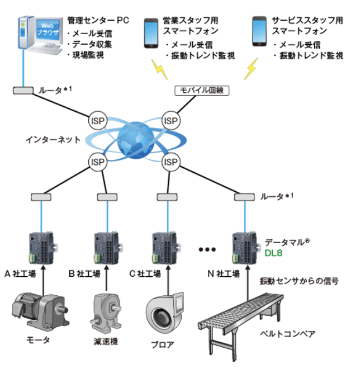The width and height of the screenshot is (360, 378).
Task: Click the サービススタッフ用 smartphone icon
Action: tap(258, 31)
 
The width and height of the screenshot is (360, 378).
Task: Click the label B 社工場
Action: tap(84, 275)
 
